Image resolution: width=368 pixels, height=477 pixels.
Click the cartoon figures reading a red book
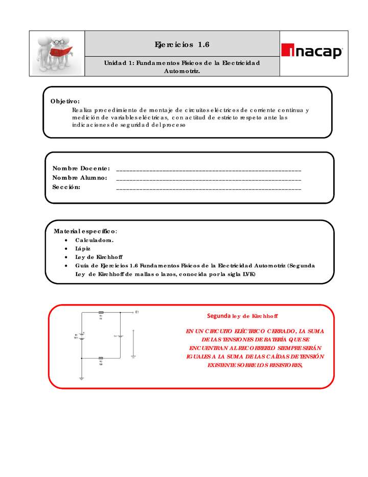[x=55, y=53]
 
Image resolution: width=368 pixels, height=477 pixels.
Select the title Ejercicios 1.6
[x=182, y=45]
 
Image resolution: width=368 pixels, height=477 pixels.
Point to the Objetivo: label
[x=65, y=101]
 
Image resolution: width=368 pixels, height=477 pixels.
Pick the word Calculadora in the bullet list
[x=95, y=240]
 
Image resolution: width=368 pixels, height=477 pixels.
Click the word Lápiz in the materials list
[x=83, y=248]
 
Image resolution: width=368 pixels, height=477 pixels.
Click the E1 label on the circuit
[x=137, y=312]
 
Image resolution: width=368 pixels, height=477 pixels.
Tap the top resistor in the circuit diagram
[x=101, y=312]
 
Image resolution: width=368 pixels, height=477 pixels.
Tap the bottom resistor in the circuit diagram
[x=101, y=358]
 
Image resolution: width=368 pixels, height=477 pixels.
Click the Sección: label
[x=66, y=187]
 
